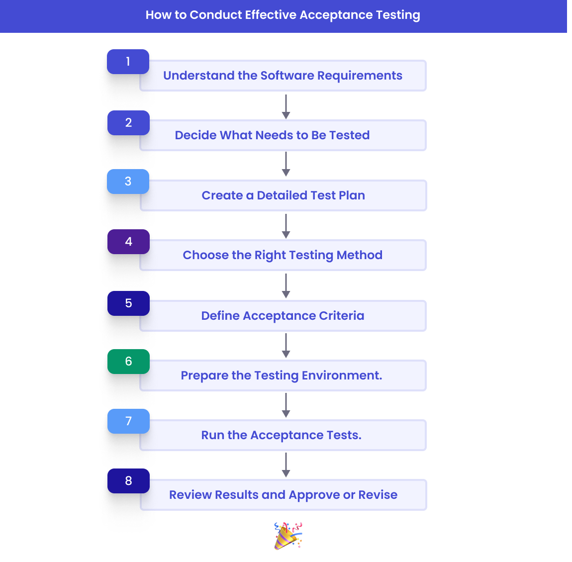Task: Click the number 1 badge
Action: pyautogui.click(x=128, y=62)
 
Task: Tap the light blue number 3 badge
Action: pyautogui.click(x=128, y=182)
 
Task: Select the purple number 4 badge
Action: pyautogui.click(x=128, y=242)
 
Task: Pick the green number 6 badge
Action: pyautogui.click(x=128, y=362)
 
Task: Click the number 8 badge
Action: pyautogui.click(x=128, y=481)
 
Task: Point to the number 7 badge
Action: pyautogui.click(x=128, y=421)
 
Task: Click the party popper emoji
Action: pyautogui.click(x=288, y=536)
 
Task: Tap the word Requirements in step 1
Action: pyautogui.click(x=360, y=76)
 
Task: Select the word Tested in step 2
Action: pyautogui.click(x=349, y=135)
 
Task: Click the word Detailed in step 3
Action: pyautogui.click(x=282, y=195)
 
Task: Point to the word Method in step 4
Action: pyautogui.click(x=359, y=255)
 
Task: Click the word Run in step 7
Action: pyautogui.click(x=212, y=435)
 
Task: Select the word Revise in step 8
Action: pyautogui.click(x=378, y=495)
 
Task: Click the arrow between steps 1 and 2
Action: pyautogui.click(x=286, y=106)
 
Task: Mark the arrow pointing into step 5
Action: pyautogui.click(x=286, y=285)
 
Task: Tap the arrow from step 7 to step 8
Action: pyautogui.click(x=286, y=465)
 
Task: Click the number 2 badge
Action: pyautogui.click(x=128, y=123)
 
